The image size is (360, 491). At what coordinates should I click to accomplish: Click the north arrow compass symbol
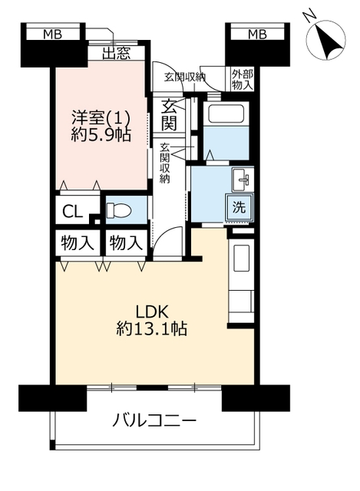click(x=326, y=40)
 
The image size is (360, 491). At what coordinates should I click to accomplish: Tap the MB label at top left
click(x=53, y=34)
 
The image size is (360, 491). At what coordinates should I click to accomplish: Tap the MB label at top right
click(x=257, y=34)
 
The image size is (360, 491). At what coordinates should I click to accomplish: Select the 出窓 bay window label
click(x=116, y=54)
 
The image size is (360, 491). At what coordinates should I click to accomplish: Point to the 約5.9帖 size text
click(x=101, y=135)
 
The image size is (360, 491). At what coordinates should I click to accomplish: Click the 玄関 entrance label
click(x=169, y=115)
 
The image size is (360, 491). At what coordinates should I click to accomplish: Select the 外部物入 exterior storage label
click(x=243, y=80)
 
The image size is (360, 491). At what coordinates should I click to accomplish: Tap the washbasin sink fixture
click(x=243, y=180)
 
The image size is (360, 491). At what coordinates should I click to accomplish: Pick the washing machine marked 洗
click(x=239, y=208)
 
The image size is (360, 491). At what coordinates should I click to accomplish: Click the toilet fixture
click(x=119, y=209)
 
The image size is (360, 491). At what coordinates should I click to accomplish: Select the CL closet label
click(x=72, y=212)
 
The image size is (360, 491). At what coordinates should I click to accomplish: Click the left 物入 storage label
click(x=78, y=243)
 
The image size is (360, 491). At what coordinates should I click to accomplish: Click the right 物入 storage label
click(x=126, y=243)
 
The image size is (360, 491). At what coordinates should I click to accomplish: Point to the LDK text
click(x=152, y=311)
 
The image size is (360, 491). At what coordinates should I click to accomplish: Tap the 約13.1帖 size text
click(x=152, y=329)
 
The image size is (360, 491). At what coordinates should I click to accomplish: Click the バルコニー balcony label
click(x=154, y=420)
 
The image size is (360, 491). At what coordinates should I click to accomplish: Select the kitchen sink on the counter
click(x=241, y=259)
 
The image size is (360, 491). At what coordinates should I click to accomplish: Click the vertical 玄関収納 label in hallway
click(x=165, y=163)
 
